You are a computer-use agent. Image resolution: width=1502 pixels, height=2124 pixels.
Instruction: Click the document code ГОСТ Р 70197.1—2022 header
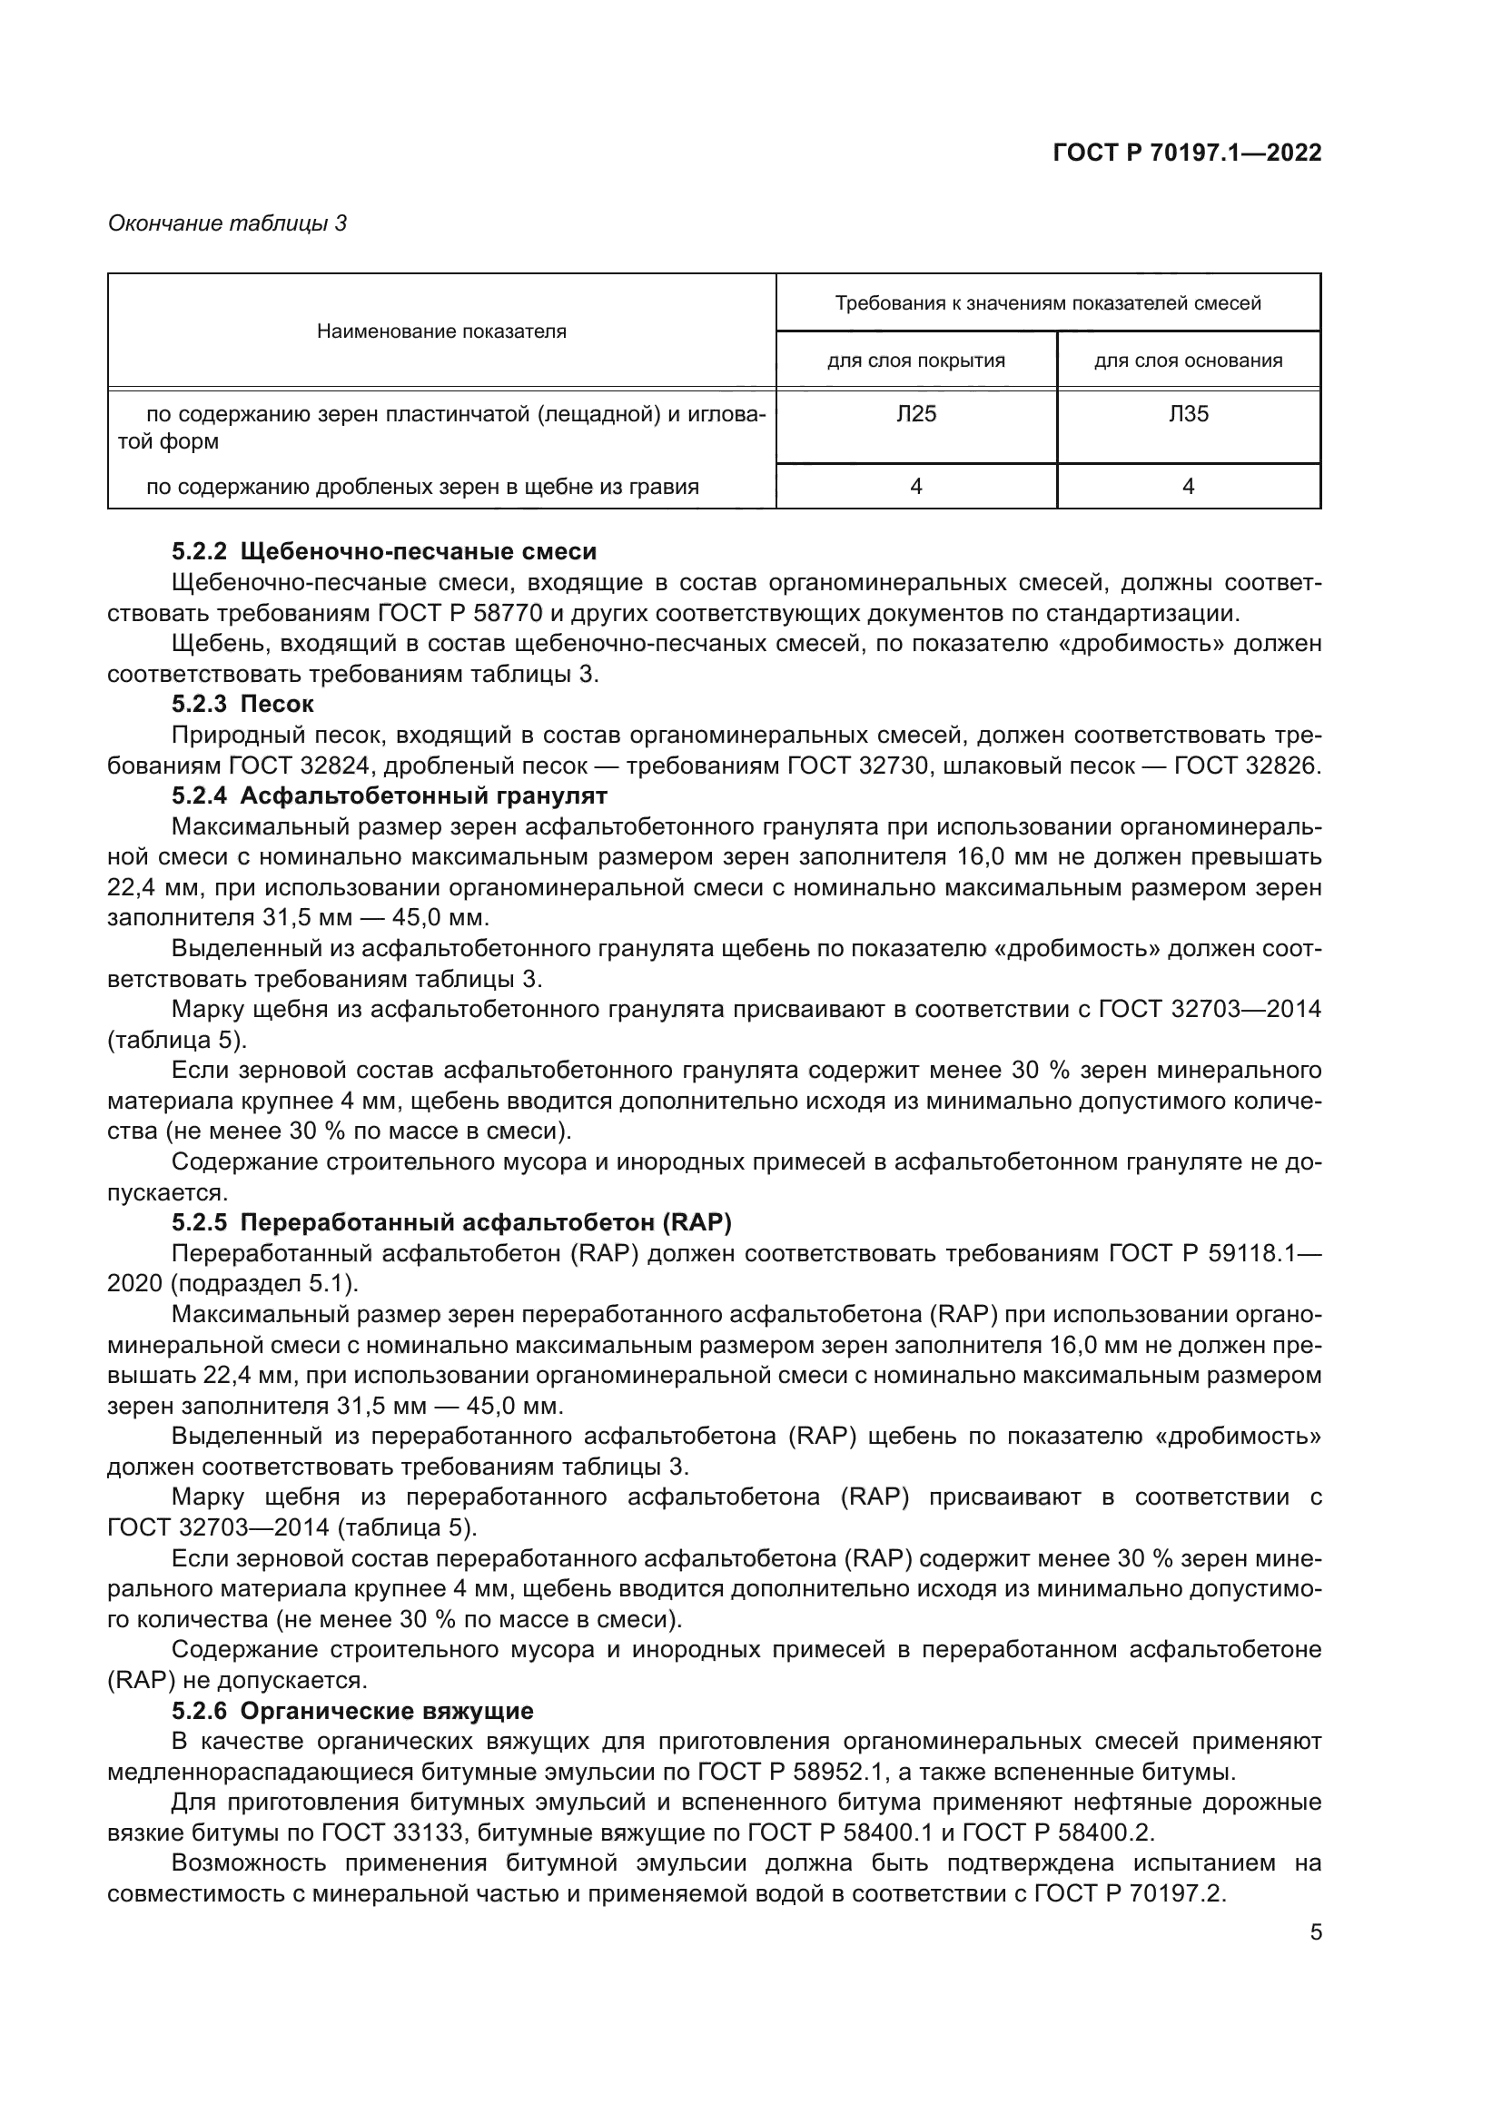click(x=1187, y=153)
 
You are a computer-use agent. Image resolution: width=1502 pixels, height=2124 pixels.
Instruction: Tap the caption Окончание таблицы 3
click(x=228, y=223)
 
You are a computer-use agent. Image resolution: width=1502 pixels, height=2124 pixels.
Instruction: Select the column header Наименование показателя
click(x=441, y=331)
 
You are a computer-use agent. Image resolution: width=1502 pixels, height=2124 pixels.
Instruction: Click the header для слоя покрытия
click(x=915, y=361)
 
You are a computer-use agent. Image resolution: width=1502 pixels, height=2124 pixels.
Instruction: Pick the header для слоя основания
click(x=1189, y=361)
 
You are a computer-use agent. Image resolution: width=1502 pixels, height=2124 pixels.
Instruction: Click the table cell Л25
click(x=915, y=413)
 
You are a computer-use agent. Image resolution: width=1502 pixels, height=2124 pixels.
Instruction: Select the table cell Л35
click(x=1189, y=413)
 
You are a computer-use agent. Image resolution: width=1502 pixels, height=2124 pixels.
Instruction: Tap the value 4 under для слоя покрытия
click(x=915, y=487)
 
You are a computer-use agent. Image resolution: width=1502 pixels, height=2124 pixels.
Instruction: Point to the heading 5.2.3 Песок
click(x=242, y=704)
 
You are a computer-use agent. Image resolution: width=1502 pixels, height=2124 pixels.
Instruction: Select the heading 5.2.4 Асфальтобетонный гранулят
click(x=389, y=795)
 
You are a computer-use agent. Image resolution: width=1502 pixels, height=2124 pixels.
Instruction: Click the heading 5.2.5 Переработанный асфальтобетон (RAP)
click(x=451, y=1223)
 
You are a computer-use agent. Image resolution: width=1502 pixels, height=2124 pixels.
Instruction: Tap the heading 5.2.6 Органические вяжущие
click(x=352, y=1712)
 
